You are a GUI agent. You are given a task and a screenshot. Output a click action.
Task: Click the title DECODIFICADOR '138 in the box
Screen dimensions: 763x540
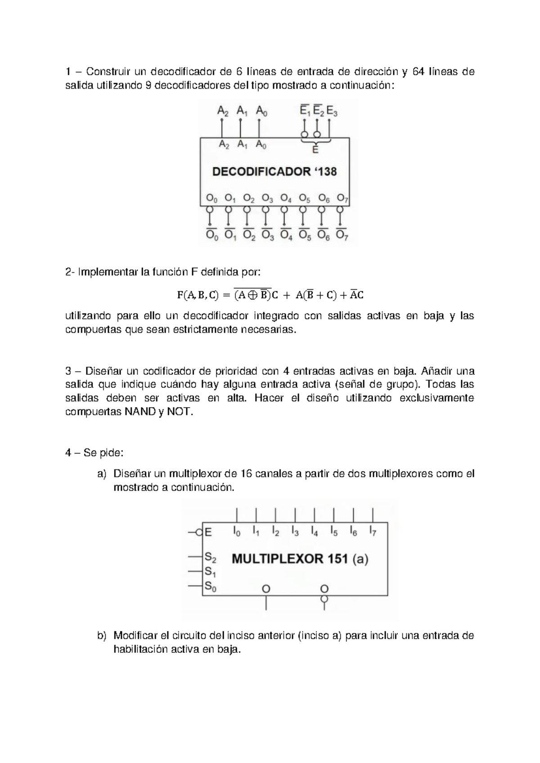point(274,171)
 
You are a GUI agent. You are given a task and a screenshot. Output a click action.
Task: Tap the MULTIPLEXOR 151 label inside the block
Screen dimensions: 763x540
point(290,559)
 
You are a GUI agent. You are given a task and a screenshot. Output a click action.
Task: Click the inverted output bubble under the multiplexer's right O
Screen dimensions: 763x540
point(324,599)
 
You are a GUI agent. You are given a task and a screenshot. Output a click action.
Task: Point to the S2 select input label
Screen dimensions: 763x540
point(211,557)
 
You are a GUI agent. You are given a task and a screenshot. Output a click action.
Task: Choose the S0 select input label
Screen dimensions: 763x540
point(211,586)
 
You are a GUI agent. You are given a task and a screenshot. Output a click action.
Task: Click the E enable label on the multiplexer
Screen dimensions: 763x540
point(208,532)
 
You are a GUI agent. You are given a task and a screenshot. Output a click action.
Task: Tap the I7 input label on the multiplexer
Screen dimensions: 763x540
point(373,531)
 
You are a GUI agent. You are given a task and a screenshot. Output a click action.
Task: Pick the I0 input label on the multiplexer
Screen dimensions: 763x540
point(237,531)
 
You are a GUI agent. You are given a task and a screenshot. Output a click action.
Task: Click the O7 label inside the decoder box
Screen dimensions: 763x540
point(342,198)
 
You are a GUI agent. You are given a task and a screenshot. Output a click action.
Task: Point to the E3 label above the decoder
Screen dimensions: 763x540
point(332,111)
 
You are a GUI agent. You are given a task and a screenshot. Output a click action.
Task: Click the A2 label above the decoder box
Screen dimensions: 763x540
point(223,111)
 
